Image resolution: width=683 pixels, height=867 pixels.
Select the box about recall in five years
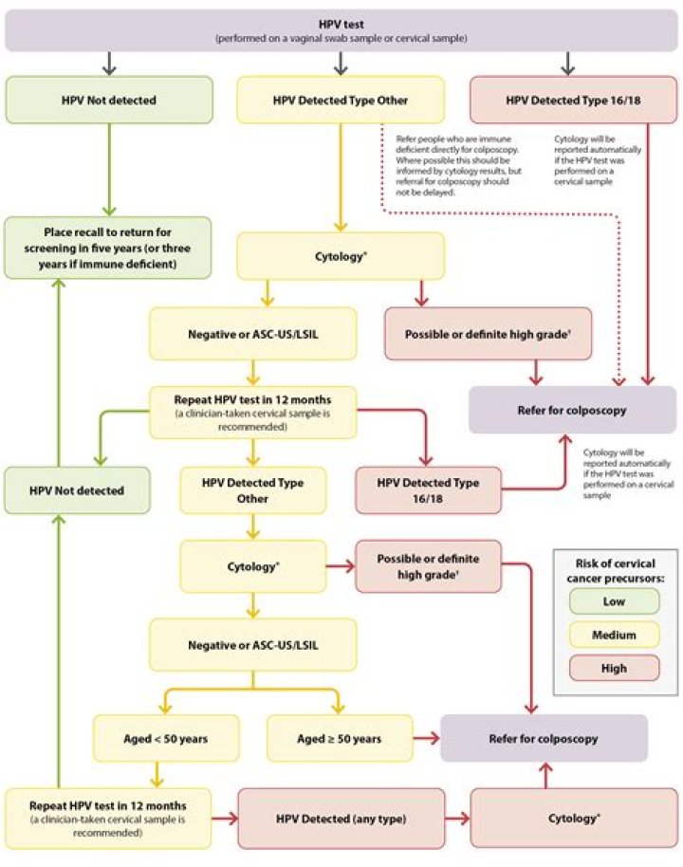pos(106,248)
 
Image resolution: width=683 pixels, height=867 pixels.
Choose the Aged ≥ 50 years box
pos(340,738)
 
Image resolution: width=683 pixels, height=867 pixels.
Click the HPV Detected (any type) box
pos(341,817)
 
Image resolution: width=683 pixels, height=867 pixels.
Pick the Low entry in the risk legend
pos(616,601)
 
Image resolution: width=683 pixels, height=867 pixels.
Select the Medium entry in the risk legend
pos(616,635)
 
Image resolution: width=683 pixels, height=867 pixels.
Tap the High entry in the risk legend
pos(616,668)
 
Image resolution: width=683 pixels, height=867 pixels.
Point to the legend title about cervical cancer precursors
pos(616,567)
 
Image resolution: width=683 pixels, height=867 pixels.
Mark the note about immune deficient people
pos(456,164)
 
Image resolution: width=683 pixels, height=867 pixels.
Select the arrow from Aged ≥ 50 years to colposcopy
pos(425,738)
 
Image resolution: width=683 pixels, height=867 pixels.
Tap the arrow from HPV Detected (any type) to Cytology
pos(456,817)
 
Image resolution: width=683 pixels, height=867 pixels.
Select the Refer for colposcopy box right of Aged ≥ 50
pos(544,738)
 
